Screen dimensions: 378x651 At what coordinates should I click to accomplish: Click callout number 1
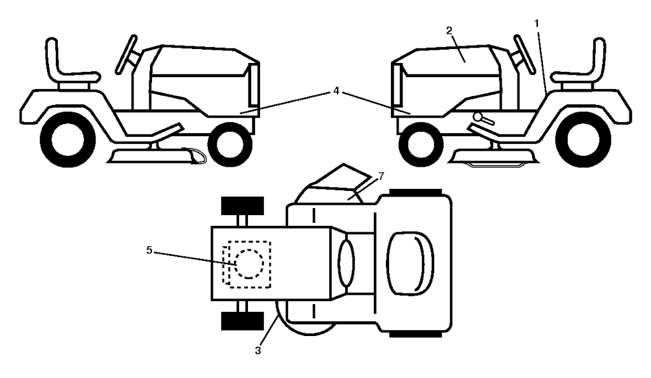[x=537, y=22]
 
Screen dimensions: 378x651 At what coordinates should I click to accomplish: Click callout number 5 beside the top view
[x=149, y=250]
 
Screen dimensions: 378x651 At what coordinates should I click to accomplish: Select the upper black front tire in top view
[x=242, y=207]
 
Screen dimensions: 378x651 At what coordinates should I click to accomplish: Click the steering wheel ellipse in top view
[x=347, y=263]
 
